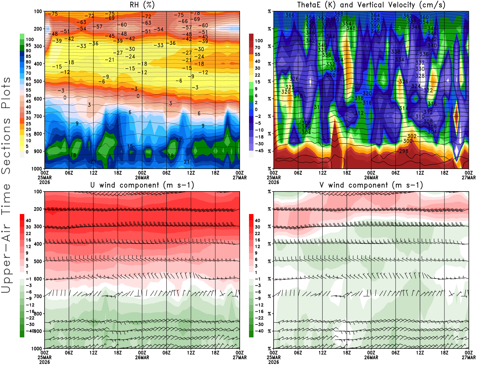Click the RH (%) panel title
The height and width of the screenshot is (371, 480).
tap(142, 5)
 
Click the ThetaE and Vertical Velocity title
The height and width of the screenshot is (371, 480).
tap(371, 5)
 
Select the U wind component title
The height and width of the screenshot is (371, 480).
tap(142, 185)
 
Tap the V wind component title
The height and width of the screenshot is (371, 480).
tap(371, 185)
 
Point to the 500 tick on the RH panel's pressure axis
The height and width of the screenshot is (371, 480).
tap(38, 81)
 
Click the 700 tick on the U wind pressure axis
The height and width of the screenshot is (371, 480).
tap(38, 296)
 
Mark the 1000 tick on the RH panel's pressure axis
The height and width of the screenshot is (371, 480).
tap(37, 169)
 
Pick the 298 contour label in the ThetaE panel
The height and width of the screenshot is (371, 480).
tap(404, 151)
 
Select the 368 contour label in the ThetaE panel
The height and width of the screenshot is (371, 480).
tap(338, 14)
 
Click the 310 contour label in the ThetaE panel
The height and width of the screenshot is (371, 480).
tap(420, 116)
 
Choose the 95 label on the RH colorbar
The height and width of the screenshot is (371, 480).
tap(28, 45)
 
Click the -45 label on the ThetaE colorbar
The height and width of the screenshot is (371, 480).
tap(259, 151)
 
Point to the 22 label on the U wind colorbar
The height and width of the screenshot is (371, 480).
tap(28, 234)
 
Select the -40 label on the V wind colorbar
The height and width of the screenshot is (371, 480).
tap(259, 331)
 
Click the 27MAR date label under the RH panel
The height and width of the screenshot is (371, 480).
tap(240, 178)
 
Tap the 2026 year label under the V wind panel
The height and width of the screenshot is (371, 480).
tap(274, 362)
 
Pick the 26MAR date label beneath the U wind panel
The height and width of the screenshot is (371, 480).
tap(142, 357)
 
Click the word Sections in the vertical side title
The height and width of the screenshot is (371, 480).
tap(6, 146)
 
